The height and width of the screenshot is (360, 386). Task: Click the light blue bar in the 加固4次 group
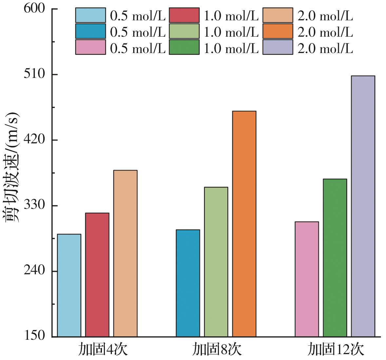pos(69,285)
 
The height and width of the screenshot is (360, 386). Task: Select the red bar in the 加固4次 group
pos(97,275)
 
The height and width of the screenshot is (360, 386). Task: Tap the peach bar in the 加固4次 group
pos(125,253)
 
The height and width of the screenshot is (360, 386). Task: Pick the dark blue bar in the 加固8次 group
pos(188,283)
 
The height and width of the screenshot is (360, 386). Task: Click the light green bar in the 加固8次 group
pos(216,262)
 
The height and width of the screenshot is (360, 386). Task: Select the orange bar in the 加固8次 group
pos(244,224)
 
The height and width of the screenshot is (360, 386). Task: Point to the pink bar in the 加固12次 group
pos(307,279)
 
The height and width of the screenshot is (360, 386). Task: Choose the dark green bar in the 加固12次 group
pos(335,258)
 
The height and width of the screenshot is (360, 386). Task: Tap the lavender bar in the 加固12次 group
pos(363,206)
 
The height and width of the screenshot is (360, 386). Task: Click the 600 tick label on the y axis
pos(34,9)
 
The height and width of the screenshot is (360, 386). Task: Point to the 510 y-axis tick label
pos(34,75)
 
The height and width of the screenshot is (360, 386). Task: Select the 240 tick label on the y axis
pos(34,271)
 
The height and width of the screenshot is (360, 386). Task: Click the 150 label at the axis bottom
pos(34,336)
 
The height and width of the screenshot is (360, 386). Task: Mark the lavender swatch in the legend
pos(278,47)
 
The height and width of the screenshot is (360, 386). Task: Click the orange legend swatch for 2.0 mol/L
pos(278,31)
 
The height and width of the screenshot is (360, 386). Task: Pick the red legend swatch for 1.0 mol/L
pos(184,15)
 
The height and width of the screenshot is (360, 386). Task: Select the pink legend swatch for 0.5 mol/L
pos(90,47)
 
